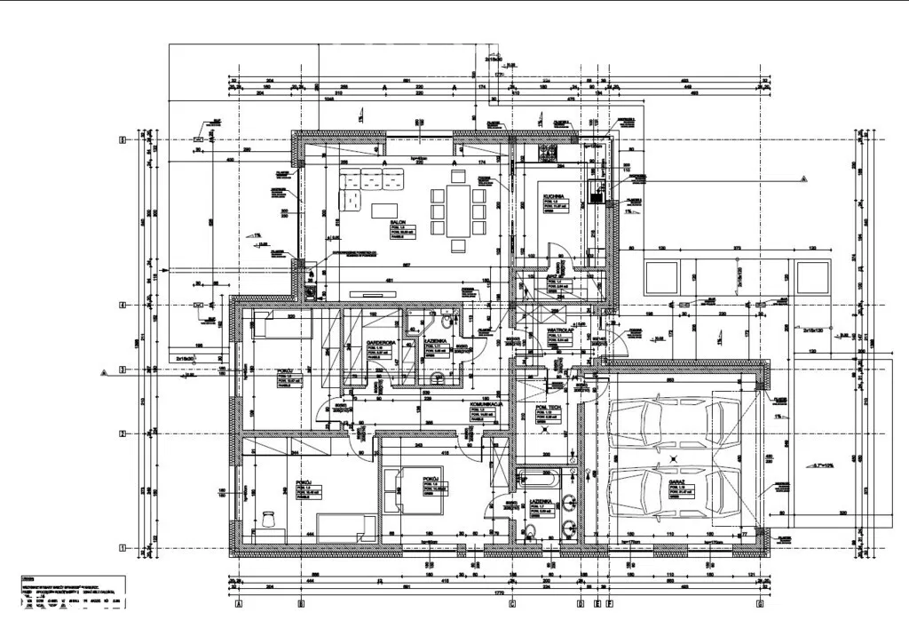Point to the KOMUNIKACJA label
487,403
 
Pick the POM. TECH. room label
547,408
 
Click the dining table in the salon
458,210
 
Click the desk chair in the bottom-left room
267,516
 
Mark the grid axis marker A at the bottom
239,604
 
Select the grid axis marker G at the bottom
761,604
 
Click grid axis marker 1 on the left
124,547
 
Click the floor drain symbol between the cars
675,457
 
